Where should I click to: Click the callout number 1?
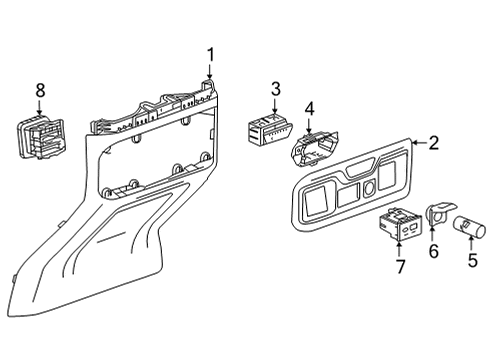(x=210, y=55)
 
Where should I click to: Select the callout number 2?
(x=434, y=143)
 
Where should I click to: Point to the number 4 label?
(x=310, y=108)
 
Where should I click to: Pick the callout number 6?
(x=433, y=251)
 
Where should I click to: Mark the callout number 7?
(x=399, y=266)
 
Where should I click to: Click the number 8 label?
(x=40, y=91)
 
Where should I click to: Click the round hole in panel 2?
(x=371, y=188)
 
